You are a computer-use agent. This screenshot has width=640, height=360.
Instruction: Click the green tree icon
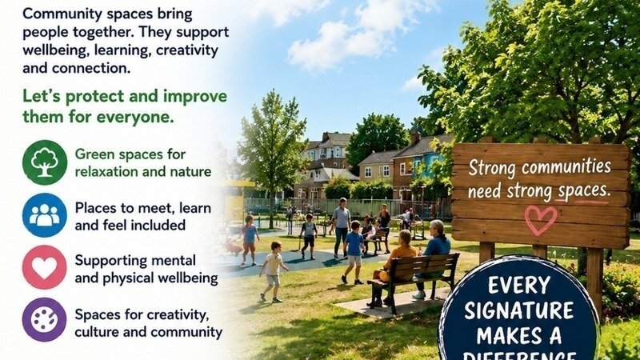(45, 162)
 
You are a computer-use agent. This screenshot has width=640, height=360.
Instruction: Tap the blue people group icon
(45, 215)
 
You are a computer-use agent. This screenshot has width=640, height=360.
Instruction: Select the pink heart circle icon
(45, 267)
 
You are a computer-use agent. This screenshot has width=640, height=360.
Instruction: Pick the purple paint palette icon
(45, 319)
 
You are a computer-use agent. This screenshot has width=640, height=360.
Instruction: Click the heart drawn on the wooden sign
(541, 219)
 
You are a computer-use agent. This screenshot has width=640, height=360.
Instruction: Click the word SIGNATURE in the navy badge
(518, 311)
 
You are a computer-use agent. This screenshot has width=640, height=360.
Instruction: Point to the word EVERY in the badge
(519, 286)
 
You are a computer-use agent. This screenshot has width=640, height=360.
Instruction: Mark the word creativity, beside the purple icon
(178, 315)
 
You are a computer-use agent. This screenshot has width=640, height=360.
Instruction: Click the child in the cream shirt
(273, 271)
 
